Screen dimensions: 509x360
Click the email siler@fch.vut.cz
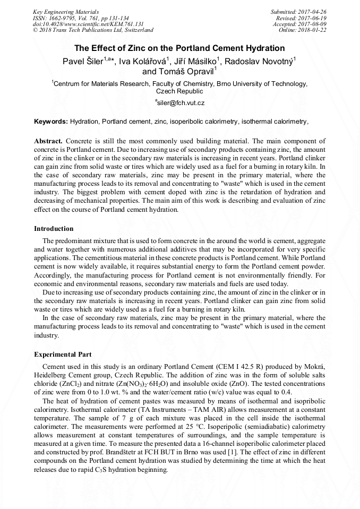coord(180,102)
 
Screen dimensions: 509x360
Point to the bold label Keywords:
coord(51,122)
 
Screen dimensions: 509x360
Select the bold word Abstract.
coord(48,141)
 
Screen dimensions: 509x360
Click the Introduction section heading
coord(54,229)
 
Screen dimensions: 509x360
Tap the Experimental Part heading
coord(63,354)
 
